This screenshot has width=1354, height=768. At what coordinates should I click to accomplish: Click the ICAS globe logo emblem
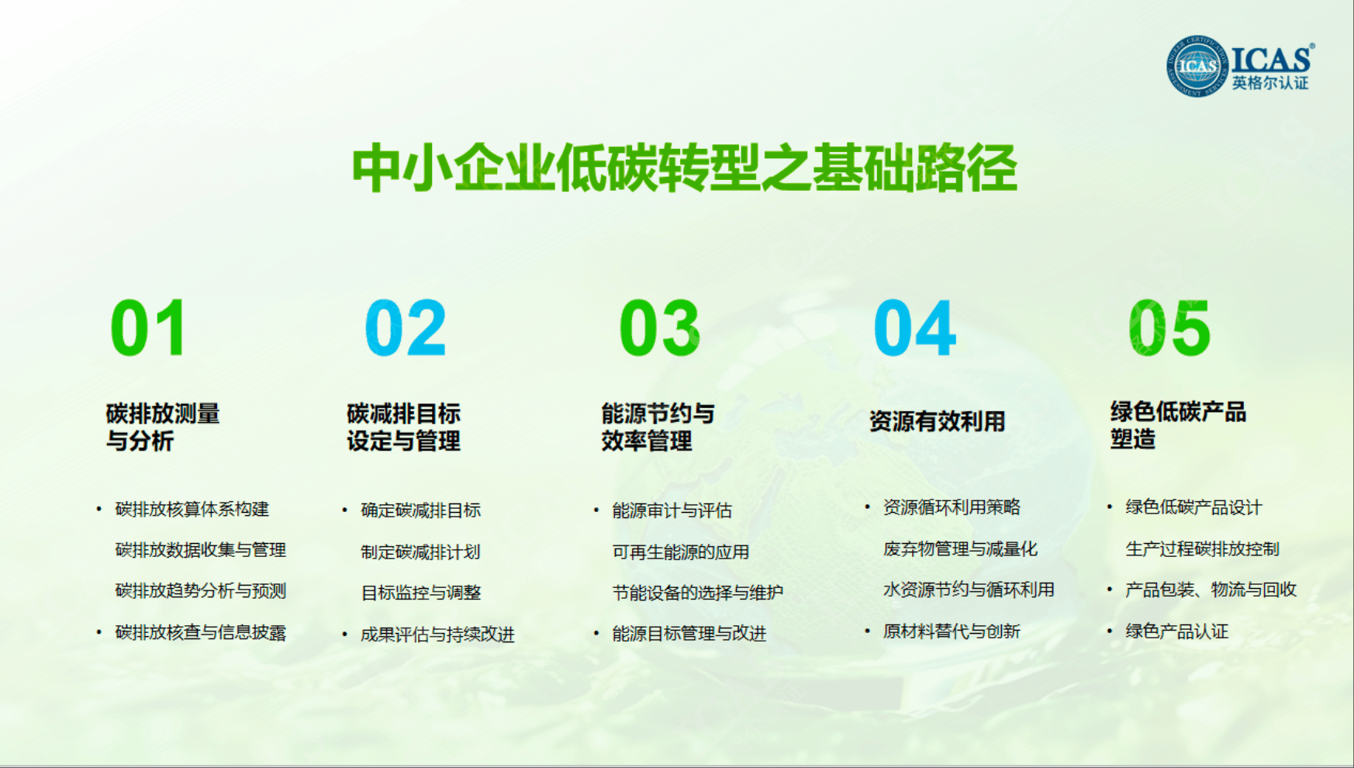tap(1197, 66)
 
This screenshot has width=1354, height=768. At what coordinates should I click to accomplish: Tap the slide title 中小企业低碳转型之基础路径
tap(684, 168)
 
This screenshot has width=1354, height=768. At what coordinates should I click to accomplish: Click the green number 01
tap(148, 328)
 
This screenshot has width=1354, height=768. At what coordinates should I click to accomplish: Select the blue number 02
tap(406, 328)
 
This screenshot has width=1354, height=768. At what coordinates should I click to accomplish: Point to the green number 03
tap(660, 328)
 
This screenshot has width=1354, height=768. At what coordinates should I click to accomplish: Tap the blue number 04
tap(915, 328)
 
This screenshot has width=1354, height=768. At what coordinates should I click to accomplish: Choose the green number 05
tap(1169, 328)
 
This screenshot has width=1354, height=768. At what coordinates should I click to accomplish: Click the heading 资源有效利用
tap(937, 421)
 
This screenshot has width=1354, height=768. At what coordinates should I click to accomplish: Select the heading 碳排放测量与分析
tap(163, 427)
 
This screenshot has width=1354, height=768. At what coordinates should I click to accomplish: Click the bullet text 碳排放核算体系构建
tap(192, 509)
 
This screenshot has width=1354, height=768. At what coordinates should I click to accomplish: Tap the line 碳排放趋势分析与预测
tap(201, 590)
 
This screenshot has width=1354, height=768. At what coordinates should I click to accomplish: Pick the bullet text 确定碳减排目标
tap(421, 510)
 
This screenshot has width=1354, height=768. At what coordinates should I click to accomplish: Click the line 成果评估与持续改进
tap(437, 635)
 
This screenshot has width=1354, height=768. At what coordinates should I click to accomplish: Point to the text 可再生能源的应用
tap(681, 552)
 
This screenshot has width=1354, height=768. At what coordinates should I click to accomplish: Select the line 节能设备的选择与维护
tap(698, 593)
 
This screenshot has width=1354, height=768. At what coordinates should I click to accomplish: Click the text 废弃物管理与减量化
tap(960, 548)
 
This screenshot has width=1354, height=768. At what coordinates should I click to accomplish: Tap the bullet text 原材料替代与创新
tap(952, 631)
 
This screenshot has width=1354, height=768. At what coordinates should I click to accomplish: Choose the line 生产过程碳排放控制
tap(1203, 548)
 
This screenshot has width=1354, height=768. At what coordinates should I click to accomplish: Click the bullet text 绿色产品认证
tap(1177, 631)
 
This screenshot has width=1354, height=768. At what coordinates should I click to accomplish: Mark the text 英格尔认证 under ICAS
tap(1270, 83)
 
